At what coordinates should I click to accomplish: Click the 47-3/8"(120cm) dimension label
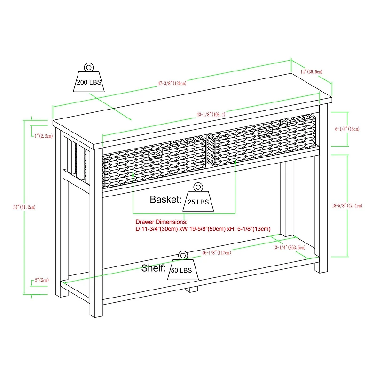(x=172, y=83)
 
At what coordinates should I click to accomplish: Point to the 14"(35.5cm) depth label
(x=311, y=71)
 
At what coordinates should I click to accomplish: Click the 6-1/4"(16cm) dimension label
(x=347, y=129)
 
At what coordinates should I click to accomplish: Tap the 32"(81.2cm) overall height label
(x=24, y=207)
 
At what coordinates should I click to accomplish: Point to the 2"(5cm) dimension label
(x=42, y=280)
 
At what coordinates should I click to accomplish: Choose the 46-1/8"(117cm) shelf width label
(x=217, y=253)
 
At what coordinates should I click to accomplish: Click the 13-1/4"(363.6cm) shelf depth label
(x=290, y=247)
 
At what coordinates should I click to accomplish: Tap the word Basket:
(x=165, y=199)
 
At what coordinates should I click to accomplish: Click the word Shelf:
(x=154, y=269)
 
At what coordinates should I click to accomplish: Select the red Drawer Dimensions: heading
(x=161, y=221)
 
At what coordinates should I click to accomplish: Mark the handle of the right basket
(x=265, y=132)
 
